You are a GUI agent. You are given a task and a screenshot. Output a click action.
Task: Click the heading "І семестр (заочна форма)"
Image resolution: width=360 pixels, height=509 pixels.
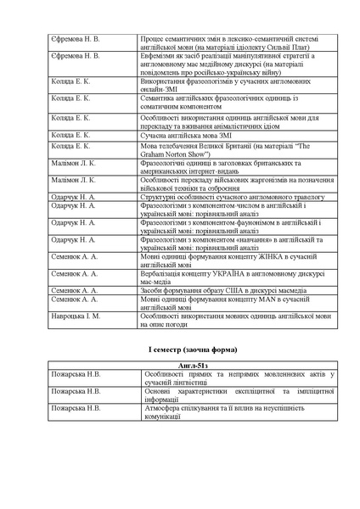[180, 350]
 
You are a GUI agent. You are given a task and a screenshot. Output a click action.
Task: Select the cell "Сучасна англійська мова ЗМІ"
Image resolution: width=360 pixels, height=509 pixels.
[180, 136]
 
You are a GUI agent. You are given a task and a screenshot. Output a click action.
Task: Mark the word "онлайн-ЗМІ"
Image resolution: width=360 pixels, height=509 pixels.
[158, 87]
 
